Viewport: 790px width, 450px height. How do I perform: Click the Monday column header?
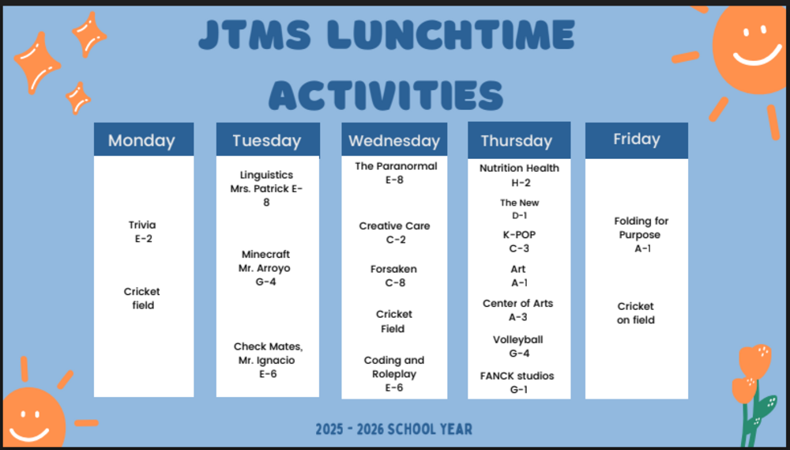[x=143, y=140]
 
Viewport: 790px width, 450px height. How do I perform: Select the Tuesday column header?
[x=267, y=140]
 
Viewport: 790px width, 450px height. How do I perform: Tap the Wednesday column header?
[x=394, y=140]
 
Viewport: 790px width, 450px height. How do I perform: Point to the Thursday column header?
[x=517, y=140]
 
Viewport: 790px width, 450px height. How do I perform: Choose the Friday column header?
[x=636, y=139]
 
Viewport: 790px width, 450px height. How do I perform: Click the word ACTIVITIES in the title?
[x=386, y=96]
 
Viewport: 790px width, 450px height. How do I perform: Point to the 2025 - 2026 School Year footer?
[x=393, y=429]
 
